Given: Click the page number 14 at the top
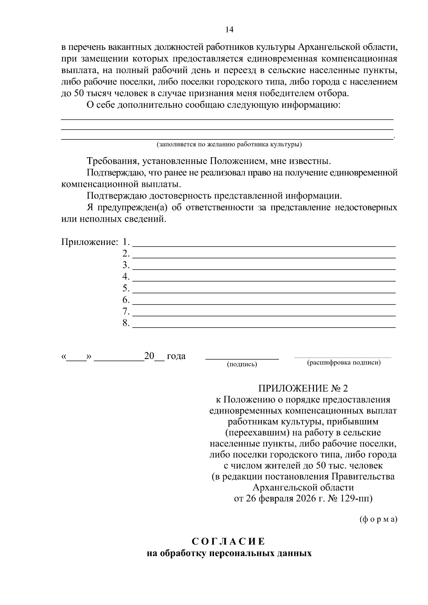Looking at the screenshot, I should [229, 30].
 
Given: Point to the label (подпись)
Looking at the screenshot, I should [242, 364].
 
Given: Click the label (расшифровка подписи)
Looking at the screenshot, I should [344, 363].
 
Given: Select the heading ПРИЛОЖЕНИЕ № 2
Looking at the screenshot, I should [302, 388].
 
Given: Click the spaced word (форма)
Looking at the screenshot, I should [378, 519].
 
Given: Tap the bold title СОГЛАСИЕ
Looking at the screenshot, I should [229, 542].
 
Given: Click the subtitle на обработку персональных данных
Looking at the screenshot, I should [229, 554].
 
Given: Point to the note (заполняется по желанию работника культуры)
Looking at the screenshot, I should [229, 145].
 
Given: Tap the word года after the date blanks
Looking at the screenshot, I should [176, 356].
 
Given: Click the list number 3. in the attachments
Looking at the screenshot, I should [126, 265].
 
